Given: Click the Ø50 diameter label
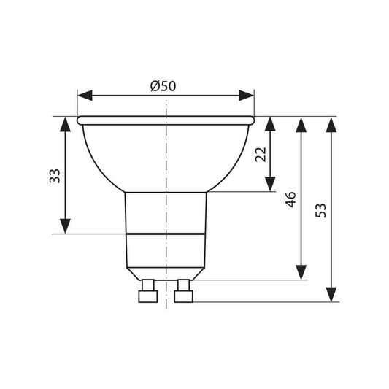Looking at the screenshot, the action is click(163, 86).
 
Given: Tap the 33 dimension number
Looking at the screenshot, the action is click(55, 176).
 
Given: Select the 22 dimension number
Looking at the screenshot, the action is click(261, 155).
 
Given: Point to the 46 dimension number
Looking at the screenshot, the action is click(290, 199).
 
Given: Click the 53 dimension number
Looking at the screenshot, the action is click(321, 210).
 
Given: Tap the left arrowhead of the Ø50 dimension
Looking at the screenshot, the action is click(85, 96).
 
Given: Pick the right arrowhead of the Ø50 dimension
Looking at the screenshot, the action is click(247, 96).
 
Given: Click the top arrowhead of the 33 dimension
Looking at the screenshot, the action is click(65, 124).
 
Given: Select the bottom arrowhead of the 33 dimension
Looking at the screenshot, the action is click(65, 226).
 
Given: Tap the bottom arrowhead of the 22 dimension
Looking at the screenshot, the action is click(270, 184).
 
